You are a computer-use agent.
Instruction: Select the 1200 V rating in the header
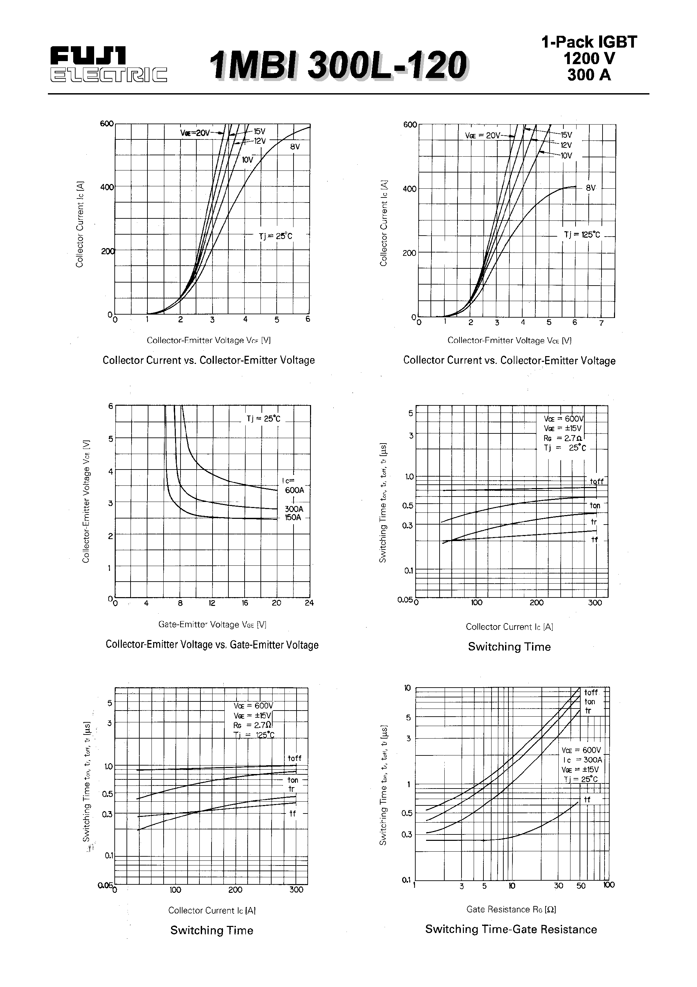[589, 58]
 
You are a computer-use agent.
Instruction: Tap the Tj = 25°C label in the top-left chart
[275, 236]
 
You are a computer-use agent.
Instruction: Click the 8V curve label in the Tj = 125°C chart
[591, 188]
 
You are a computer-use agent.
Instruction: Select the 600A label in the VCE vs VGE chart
[295, 490]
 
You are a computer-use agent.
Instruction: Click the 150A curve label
[293, 517]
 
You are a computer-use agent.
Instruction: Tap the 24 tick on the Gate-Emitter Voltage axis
[309, 603]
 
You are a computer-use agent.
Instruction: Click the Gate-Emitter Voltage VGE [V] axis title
[212, 624]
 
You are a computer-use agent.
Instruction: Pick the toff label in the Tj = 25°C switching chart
[596, 481]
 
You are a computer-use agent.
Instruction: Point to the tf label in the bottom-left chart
[292, 813]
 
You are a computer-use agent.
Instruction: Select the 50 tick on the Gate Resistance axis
[581, 885]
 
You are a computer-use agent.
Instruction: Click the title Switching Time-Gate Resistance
[511, 929]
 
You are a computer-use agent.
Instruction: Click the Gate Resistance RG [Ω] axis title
[511, 909]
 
